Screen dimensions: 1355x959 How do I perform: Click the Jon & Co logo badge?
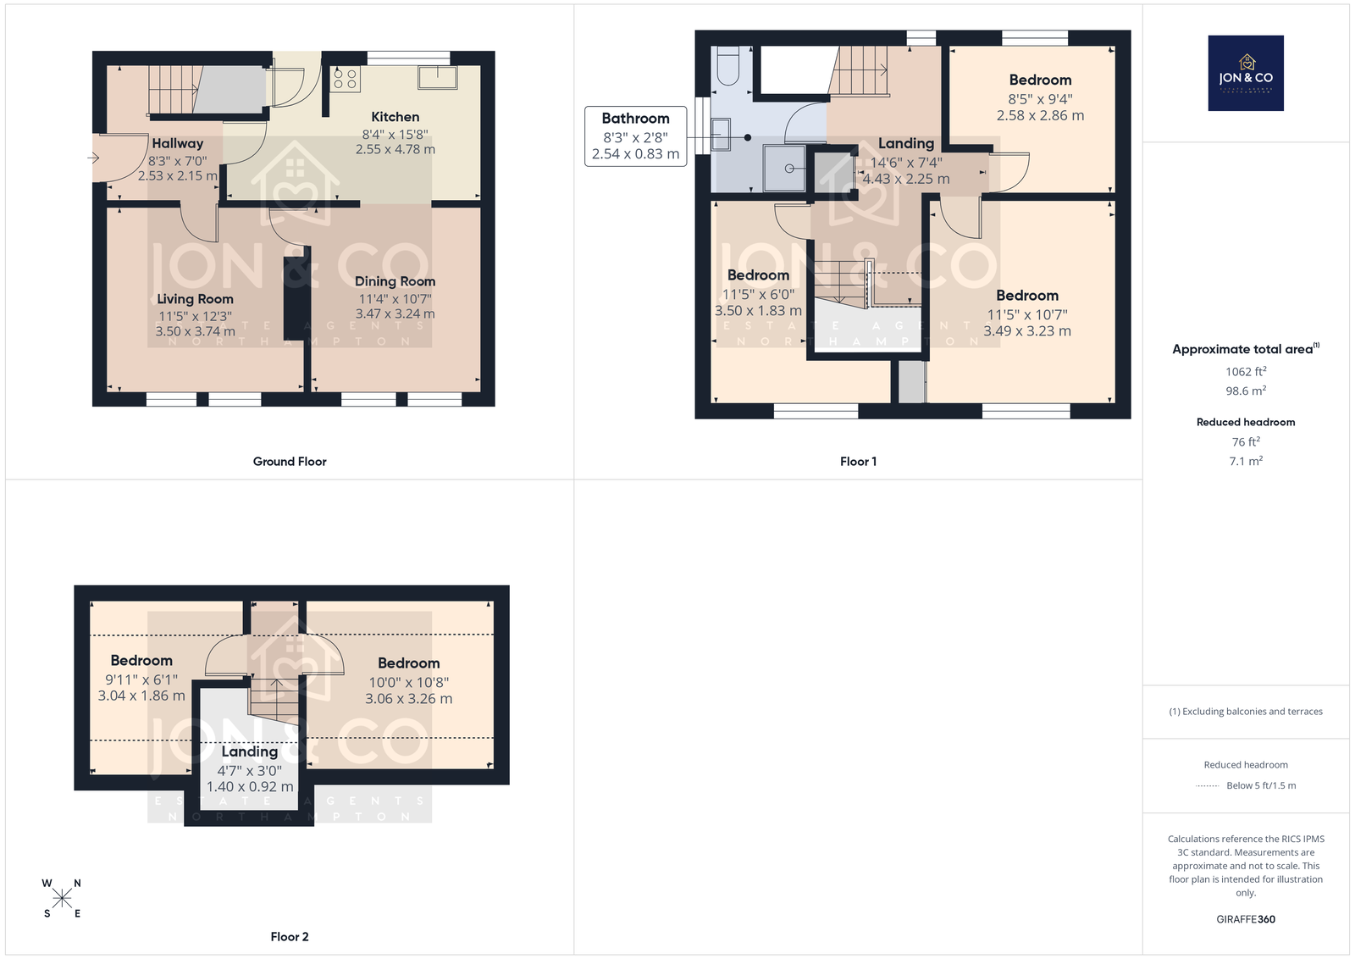pos(1246,73)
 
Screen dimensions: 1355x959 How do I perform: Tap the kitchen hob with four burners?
pos(346,79)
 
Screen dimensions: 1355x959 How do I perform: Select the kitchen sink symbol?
pos(437,77)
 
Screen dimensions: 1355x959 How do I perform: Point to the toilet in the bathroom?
pos(728,66)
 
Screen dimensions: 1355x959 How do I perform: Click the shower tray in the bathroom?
pos(784,168)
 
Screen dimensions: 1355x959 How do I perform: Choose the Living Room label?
pos(195,299)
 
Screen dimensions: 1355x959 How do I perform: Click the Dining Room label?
pos(395,281)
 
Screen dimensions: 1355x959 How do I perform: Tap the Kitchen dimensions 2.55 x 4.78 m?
pos(395,149)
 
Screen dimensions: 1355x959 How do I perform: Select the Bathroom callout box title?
pos(635,118)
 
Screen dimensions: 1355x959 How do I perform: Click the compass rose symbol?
pos(62,899)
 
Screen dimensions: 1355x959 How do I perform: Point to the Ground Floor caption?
pos(290,462)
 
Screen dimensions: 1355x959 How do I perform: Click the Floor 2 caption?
pos(290,937)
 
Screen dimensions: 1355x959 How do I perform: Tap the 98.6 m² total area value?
pos(1246,391)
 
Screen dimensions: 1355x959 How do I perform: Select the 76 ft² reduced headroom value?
pos(1246,441)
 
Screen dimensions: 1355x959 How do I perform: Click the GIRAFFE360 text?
pos(1246,919)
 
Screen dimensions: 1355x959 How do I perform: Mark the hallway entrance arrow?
pos(93,158)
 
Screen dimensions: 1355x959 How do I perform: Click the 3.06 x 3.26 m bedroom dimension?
pos(408,699)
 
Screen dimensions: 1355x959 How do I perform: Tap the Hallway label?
pos(177,143)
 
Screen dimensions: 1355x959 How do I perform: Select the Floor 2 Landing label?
pos(249,751)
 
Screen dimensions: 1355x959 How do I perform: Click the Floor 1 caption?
pos(858,462)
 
